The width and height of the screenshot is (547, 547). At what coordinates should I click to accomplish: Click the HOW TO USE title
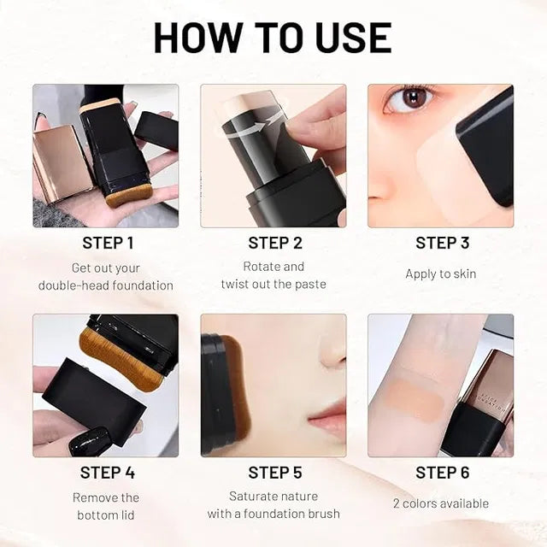pyautogui.click(x=273, y=38)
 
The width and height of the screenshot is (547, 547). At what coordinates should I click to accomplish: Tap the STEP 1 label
pyautogui.click(x=107, y=243)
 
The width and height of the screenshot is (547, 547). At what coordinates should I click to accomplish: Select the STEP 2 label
pyautogui.click(x=274, y=243)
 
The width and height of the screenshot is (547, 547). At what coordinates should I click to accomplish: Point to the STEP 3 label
pyautogui.click(x=442, y=243)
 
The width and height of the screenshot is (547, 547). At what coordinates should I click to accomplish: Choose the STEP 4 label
pyautogui.click(x=107, y=473)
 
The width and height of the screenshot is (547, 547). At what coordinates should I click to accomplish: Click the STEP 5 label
pyautogui.click(x=274, y=473)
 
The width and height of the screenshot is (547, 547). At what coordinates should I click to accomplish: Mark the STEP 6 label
pyautogui.click(x=442, y=473)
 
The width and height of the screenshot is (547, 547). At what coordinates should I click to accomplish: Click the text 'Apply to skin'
pyautogui.click(x=441, y=273)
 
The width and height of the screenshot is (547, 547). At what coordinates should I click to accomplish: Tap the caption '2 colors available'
pyautogui.click(x=441, y=503)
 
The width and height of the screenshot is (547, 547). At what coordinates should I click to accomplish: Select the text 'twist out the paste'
pyautogui.click(x=273, y=284)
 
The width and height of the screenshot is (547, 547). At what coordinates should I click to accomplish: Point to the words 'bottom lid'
pyautogui.click(x=106, y=515)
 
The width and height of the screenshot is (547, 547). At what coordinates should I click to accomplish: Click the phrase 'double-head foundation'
pyautogui.click(x=106, y=285)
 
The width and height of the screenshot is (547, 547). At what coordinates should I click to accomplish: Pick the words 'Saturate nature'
pyautogui.click(x=273, y=496)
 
